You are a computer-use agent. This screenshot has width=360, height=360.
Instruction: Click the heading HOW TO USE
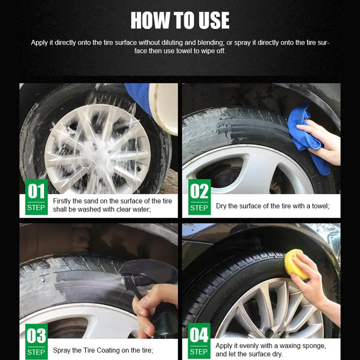point(180,20)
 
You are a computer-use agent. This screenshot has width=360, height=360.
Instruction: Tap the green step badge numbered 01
point(36,197)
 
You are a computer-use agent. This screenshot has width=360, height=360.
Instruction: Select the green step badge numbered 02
point(199,197)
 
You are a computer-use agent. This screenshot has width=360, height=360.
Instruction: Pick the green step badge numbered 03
point(36,341)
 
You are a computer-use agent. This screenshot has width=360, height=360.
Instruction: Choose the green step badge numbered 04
point(199,341)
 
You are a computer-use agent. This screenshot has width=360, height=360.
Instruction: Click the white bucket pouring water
point(164,108)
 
